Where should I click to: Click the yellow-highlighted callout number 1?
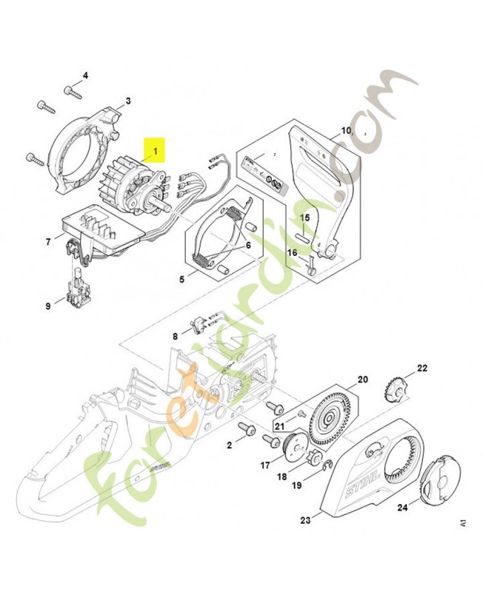(x=156, y=152)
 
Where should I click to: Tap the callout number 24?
(x=402, y=508)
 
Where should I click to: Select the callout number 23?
(x=305, y=520)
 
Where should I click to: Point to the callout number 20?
(x=362, y=380)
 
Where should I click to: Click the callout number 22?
(x=422, y=368)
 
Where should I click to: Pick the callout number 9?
(x=49, y=304)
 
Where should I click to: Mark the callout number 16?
(x=292, y=252)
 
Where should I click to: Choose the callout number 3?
(x=127, y=101)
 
